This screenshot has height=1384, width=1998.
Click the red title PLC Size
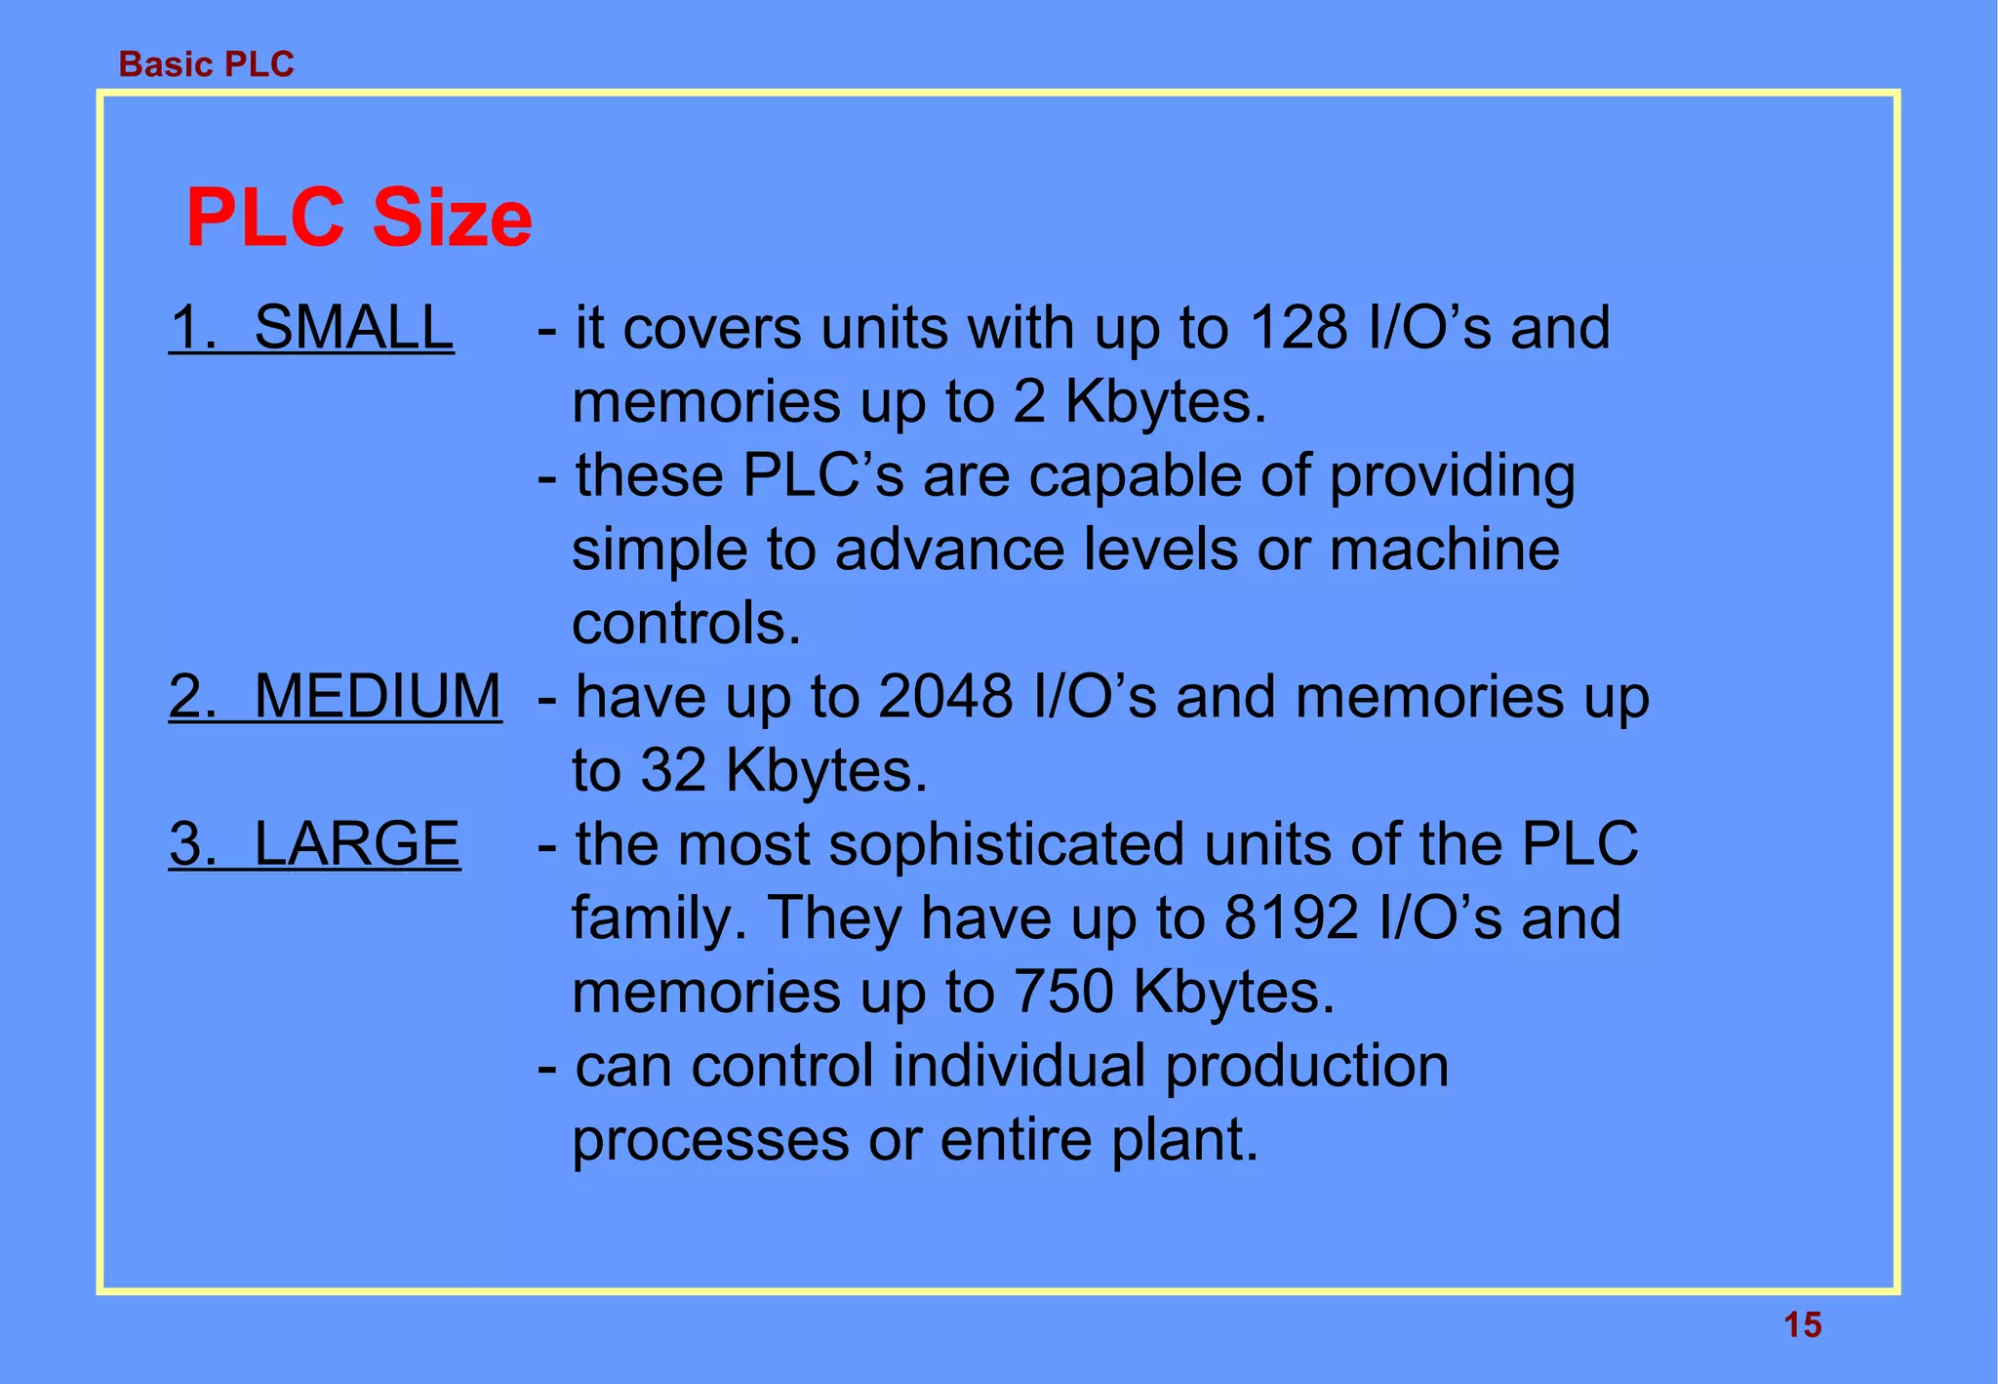359,217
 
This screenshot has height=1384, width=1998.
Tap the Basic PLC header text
206,64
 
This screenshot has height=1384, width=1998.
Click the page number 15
1802,1325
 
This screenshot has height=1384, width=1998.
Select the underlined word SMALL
353,327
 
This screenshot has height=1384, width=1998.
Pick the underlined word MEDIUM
378,697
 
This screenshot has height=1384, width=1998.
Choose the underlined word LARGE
356,843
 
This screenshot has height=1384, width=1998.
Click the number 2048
945,697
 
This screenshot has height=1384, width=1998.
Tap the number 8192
1291,918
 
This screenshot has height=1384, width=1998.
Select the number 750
1063,992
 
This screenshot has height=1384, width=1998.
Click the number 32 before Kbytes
673,770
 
